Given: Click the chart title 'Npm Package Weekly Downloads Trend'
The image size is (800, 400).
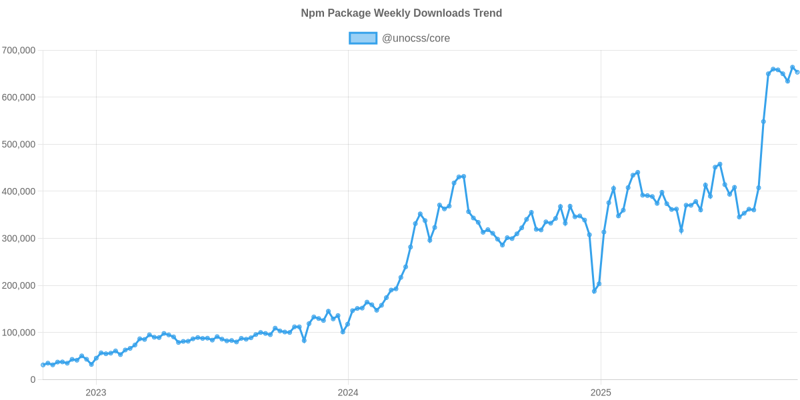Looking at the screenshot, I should pos(400,13).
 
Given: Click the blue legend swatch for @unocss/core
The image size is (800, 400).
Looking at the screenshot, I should pos(363,39).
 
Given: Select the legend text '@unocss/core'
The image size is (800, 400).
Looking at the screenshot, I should pos(415,39).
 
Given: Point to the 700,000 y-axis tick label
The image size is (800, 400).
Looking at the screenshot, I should pos(19,51).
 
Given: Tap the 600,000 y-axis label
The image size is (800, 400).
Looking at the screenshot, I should pos(19,97).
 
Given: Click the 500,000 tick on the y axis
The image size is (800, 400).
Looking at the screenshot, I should pos(19,145).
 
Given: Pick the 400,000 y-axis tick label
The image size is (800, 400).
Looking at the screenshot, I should pos(19,192).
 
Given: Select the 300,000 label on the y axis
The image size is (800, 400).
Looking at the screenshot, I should pos(19,239).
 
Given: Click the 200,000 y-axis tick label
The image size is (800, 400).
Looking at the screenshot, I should pos(19,286).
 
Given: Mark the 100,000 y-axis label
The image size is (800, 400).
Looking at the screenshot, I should pos(19,333).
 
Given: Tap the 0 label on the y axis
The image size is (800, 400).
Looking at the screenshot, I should pos(32,380).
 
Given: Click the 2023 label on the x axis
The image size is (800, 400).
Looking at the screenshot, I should pos(96,393).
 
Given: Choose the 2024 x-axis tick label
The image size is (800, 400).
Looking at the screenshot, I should pos(347,393).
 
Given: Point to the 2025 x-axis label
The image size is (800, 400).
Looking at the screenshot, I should pos(601,393).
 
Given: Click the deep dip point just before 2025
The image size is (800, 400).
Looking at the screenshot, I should pos(594,291).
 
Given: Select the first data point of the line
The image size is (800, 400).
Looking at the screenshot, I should pos(43,365).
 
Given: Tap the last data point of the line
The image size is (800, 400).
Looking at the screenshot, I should pos(797,72).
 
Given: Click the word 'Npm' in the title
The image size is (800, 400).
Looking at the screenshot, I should pos(309,13).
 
